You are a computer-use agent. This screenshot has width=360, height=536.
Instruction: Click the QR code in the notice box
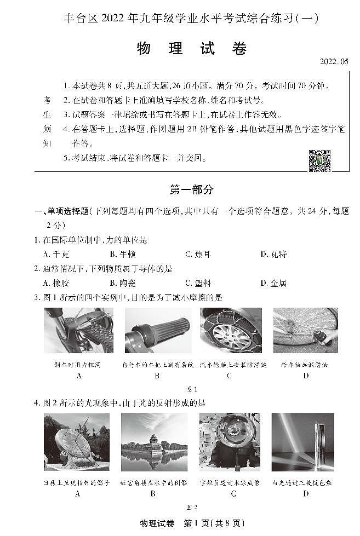(x=319, y=160)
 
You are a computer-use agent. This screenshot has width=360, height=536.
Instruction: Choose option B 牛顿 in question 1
(x=123, y=254)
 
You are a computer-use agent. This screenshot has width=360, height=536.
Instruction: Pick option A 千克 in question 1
(x=56, y=254)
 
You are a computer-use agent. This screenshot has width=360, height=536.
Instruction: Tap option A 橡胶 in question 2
(x=56, y=283)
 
